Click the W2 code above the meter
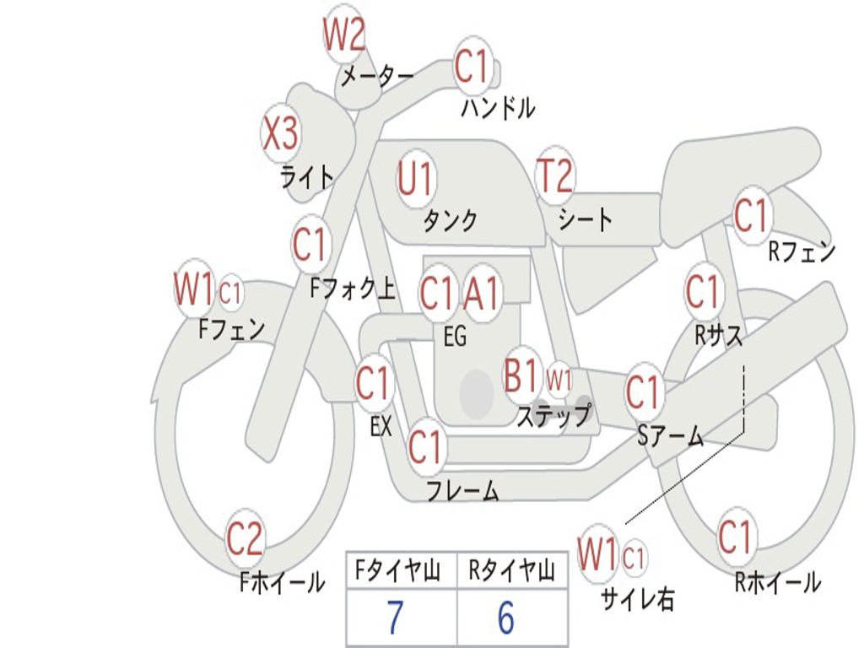344,36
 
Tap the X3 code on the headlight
281,133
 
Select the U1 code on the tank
415,179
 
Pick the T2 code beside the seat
554,176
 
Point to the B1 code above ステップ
521,375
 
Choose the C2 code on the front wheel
245,539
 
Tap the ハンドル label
498,108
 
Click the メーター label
377,78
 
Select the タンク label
450,221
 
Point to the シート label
586,220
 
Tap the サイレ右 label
638,598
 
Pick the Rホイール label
777,582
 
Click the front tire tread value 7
394,618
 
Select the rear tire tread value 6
505,618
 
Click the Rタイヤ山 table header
511,572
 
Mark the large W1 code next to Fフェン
193,289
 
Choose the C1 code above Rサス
702,292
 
